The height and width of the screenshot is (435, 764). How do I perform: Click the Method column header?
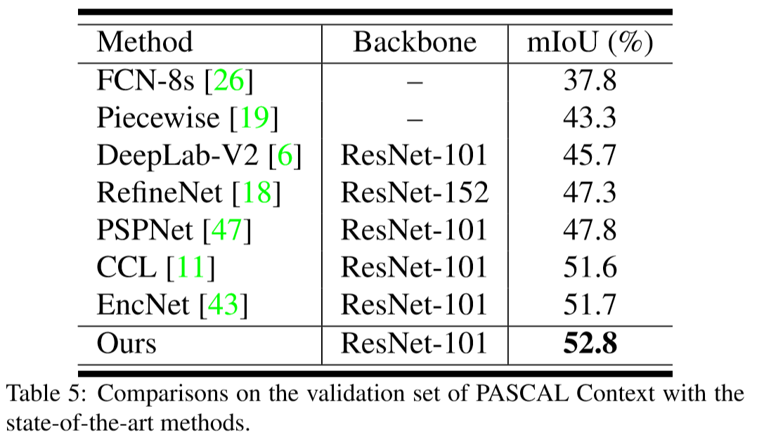(145, 43)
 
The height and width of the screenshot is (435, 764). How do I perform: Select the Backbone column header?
(415, 43)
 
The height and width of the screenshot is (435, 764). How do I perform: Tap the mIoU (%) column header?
(590, 43)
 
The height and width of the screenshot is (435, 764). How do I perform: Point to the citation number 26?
(228, 82)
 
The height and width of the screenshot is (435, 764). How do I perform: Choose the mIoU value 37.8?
(590, 82)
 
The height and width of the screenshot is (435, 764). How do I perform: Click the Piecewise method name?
(158, 118)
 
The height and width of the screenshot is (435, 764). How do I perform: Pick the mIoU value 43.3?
(590, 118)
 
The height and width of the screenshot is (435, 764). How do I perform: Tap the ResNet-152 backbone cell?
(415, 193)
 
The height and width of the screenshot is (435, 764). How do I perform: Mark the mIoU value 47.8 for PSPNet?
(590, 230)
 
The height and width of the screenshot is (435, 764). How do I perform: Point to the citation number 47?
(226, 230)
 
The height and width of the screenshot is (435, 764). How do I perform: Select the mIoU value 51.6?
(590, 267)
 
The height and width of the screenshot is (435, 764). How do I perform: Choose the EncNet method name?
(143, 304)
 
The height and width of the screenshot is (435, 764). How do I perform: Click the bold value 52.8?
(590, 343)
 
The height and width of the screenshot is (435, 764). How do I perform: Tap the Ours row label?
(127, 343)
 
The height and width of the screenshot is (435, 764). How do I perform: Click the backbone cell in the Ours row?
(415, 343)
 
